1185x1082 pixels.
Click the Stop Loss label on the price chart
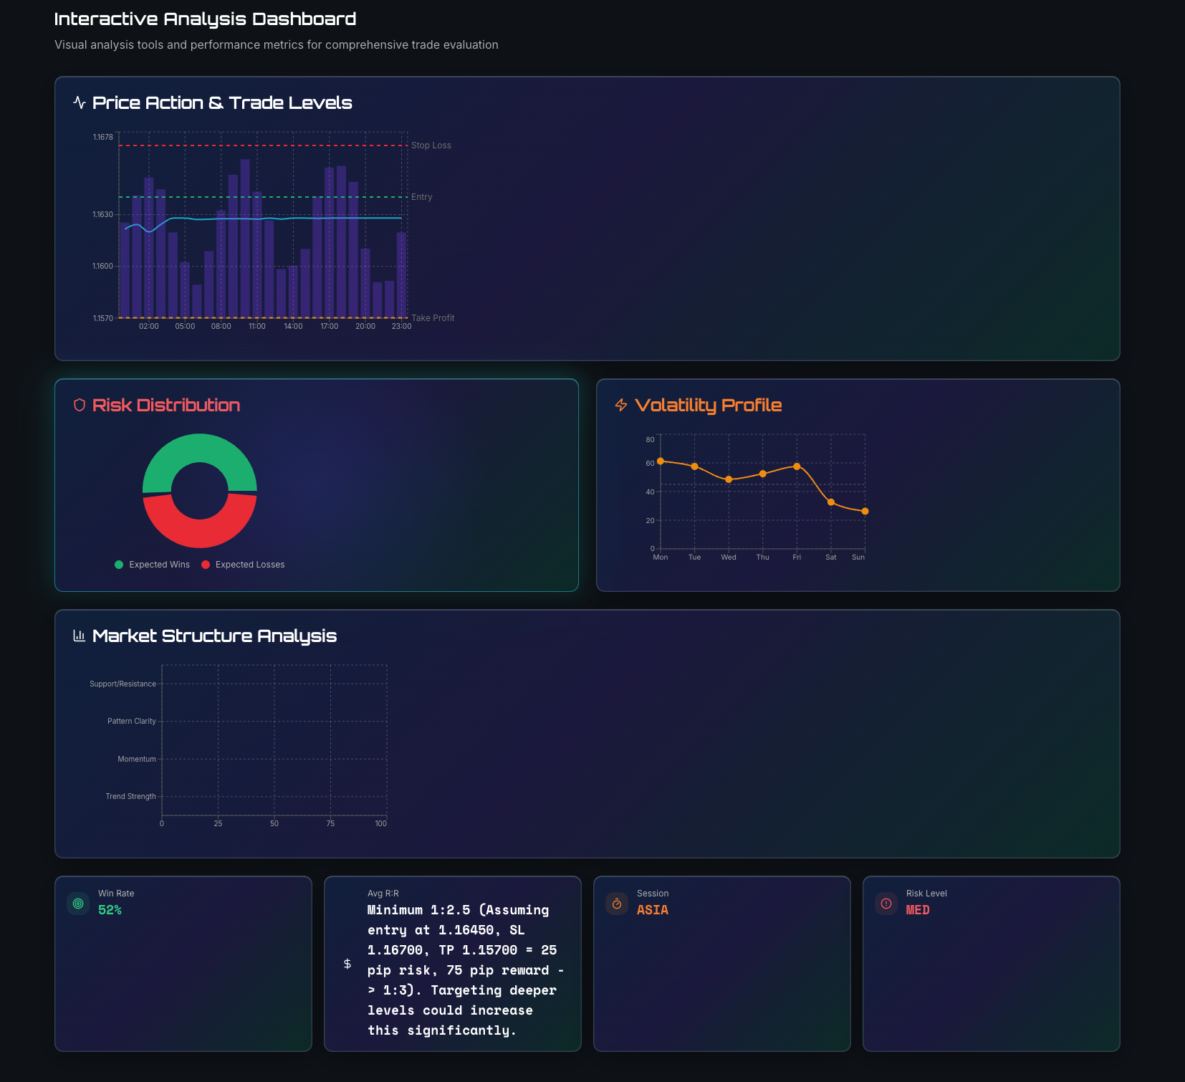click(431, 145)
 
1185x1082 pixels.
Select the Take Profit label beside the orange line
click(433, 318)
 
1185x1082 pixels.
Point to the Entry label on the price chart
click(421, 197)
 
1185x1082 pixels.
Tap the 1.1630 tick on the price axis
click(102, 214)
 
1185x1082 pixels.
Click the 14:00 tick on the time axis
click(293, 327)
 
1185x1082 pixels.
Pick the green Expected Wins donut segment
click(200, 449)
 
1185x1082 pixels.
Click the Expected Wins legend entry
click(152, 565)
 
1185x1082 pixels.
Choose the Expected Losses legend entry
click(243, 565)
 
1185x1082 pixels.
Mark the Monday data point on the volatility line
click(661, 461)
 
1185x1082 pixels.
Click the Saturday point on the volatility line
click(831, 502)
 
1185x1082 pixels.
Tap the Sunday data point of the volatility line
click(865, 512)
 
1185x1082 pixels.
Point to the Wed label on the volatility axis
click(729, 557)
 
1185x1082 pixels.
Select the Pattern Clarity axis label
click(131, 722)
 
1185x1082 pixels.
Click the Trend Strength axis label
click(130, 797)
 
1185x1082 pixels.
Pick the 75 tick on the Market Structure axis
click(330, 824)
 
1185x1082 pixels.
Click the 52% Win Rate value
click(110, 910)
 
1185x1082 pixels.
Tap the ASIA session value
click(652, 910)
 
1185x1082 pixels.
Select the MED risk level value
click(918, 910)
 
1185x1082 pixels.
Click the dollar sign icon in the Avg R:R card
click(347, 964)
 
